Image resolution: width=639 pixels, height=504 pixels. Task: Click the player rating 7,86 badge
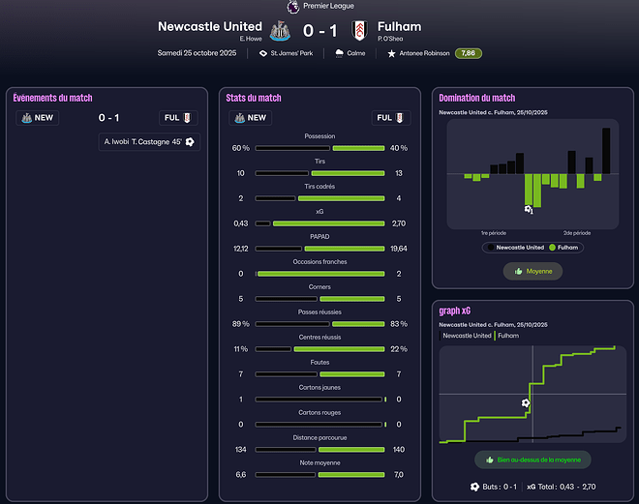(469, 53)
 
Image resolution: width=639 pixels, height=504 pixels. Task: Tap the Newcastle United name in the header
(209, 26)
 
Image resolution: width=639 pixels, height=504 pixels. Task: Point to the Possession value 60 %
(241, 148)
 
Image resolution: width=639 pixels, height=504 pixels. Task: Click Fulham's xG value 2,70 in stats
(398, 223)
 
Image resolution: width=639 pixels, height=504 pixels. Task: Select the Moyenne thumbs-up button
(532, 272)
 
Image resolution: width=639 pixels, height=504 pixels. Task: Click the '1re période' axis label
(494, 233)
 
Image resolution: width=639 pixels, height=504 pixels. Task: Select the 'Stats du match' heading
(253, 98)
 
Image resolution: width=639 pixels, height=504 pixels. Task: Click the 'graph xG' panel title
(455, 311)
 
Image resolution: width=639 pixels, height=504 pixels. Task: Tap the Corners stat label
(319, 287)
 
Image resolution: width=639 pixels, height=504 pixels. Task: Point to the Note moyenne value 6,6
(241, 475)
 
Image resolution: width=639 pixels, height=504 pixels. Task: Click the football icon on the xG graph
(526, 402)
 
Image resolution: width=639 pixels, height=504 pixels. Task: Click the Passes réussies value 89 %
(241, 324)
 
